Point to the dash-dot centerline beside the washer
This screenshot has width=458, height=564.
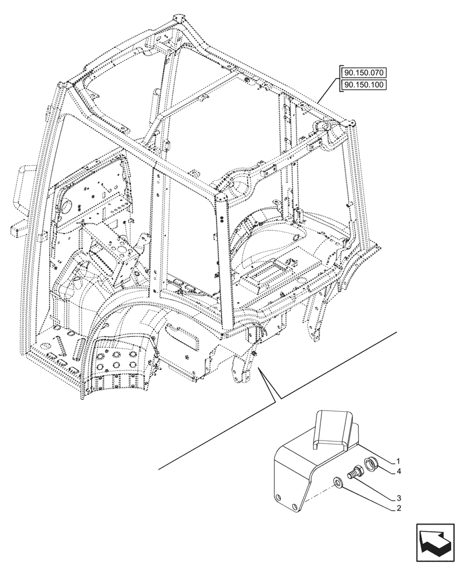coord(319,491)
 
